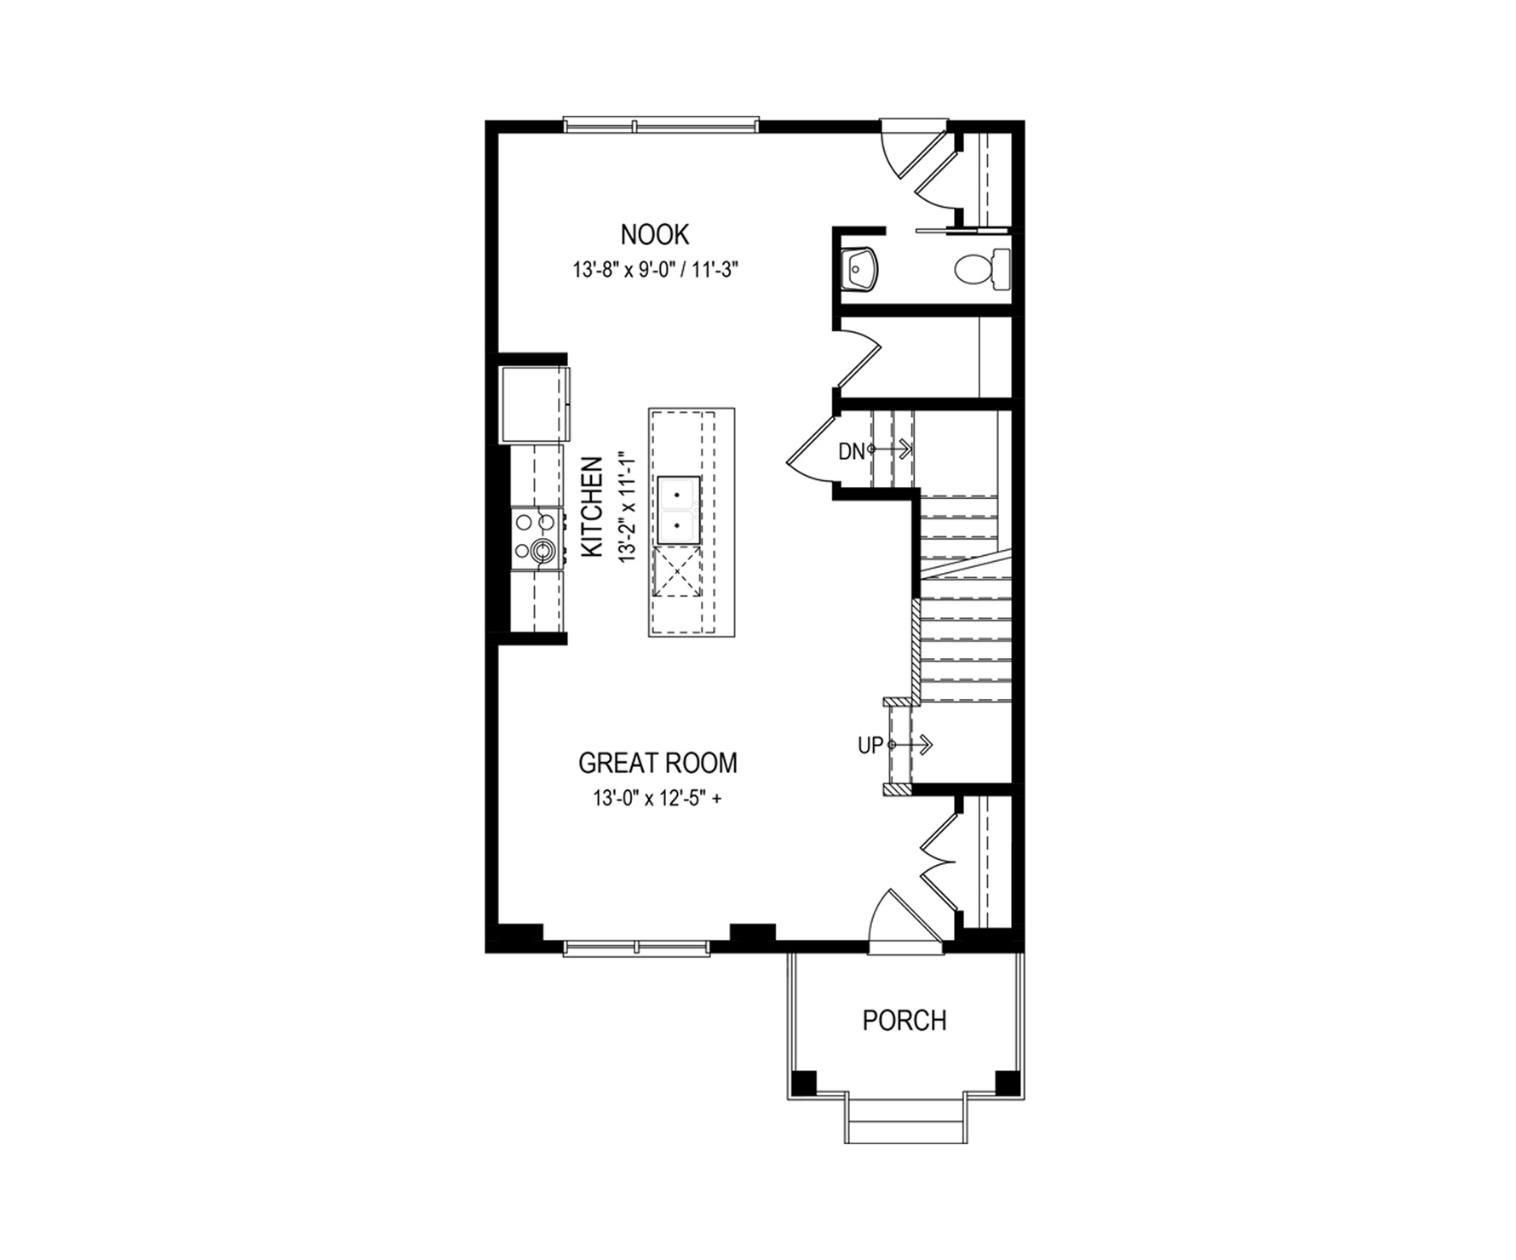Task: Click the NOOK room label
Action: (655, 234)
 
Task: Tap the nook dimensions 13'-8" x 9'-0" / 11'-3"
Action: (654, 271)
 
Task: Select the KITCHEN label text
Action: (592, 507)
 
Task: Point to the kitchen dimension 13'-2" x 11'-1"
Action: (628, 507)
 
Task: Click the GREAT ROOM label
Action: (658, 763)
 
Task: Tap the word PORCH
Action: (904, 1020)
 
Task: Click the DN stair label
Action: (852, 452)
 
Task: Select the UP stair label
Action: (870, 747)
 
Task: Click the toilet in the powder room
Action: (982, 269)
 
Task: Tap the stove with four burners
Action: (537, 538)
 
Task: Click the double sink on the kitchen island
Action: (678, 510)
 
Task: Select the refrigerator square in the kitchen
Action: (534, 404)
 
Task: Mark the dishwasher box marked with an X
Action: (677, 571)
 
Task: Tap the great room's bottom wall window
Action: (636, 948)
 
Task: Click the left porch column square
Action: (804, 1082)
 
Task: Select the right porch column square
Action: (1008, 1082)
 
